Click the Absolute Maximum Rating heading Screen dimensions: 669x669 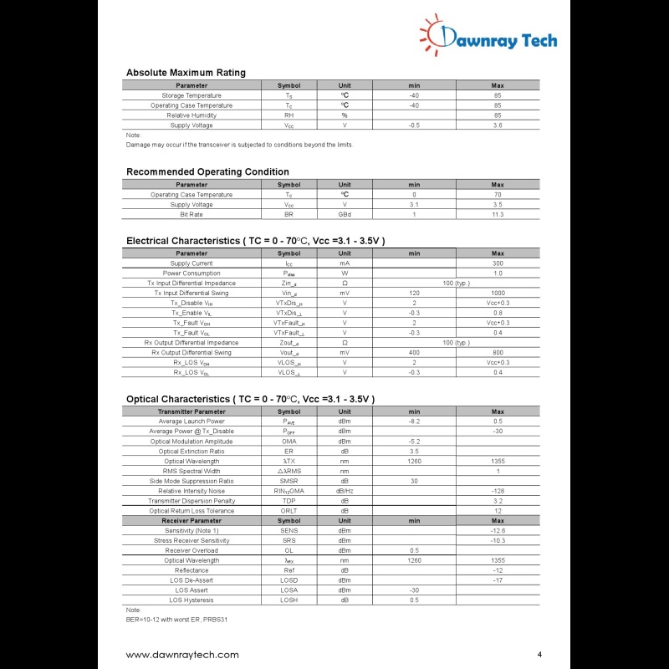coord(186,73)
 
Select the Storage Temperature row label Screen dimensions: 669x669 coord(192,95)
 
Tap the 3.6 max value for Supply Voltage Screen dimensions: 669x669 coord(498,125)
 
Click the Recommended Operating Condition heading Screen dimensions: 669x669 coord(207,172)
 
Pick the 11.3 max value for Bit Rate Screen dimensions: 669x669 coord(498,215)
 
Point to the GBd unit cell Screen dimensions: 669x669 coord(345,215)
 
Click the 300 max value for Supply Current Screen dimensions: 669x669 coord(498,263)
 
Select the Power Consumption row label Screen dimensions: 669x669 coord(192,273)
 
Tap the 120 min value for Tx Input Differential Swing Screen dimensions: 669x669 coord(414,294)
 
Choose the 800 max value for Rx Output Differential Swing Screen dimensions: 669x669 coord(498,353)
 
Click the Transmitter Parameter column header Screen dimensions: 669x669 coord(192,411)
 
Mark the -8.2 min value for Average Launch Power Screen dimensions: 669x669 coord(414,421)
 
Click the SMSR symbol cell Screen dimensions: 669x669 coord(289,481)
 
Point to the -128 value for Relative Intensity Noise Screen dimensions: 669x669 coord(498,491)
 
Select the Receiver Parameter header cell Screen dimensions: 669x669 coord(192,521)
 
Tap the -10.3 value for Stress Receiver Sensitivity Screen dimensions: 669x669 coord(498,540)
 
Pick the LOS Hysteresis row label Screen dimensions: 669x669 coord(192,600)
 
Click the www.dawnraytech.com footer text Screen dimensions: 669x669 coord(182,655)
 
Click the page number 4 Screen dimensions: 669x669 coord(539,654)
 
